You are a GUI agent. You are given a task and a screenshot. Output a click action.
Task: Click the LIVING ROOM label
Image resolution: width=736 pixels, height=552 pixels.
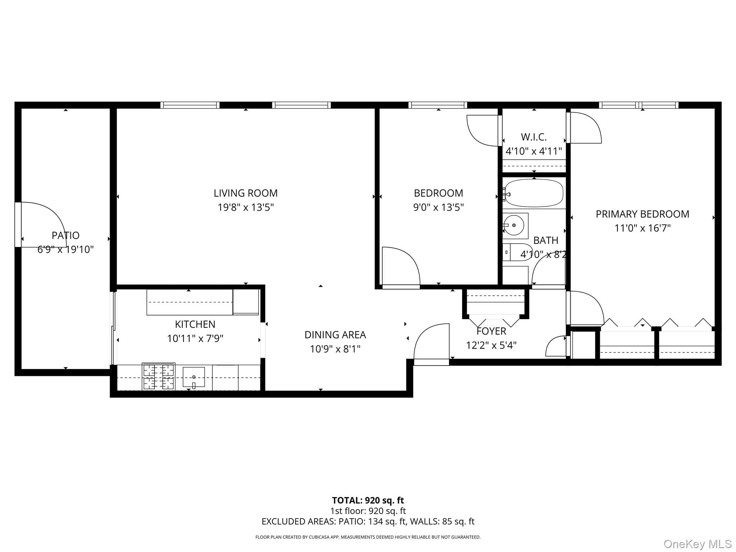click(245, 193)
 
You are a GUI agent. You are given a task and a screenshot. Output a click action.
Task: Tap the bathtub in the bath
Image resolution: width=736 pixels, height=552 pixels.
click(534, 193)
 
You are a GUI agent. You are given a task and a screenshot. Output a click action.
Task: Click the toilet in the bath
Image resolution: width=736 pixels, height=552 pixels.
click(517, 252)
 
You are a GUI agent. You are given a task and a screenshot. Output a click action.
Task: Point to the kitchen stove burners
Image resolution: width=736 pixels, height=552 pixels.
click(158, 376)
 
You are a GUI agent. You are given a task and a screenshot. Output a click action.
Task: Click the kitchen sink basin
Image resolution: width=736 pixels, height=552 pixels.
click(194, 377)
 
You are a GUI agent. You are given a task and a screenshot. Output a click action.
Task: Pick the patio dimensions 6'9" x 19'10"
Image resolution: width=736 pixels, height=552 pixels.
click(66, 249)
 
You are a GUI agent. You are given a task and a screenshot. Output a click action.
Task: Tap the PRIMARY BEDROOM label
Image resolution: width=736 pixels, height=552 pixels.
click(643, 214)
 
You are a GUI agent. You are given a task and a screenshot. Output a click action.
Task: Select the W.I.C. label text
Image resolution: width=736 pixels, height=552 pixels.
click(534, 137)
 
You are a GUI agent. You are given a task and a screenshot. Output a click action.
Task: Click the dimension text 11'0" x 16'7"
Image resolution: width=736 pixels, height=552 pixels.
click(643, 228)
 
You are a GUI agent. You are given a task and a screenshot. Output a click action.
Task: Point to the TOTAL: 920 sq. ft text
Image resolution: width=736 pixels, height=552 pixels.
click(368, 500)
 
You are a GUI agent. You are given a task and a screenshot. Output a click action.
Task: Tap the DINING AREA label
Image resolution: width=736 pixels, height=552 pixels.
click(335, 335)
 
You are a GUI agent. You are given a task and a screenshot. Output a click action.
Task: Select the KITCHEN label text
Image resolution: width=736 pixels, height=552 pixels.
click(195, 324)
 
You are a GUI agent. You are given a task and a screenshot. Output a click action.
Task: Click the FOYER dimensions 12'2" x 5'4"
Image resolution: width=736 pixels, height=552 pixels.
click(491, 345)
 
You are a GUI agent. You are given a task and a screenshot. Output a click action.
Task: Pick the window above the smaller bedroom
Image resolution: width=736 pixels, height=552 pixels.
click(438, 105)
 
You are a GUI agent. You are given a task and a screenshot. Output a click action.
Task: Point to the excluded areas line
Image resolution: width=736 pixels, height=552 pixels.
click(368, 521)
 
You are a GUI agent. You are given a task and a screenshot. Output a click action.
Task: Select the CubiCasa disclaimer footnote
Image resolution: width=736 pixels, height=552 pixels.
click(368, 537)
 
